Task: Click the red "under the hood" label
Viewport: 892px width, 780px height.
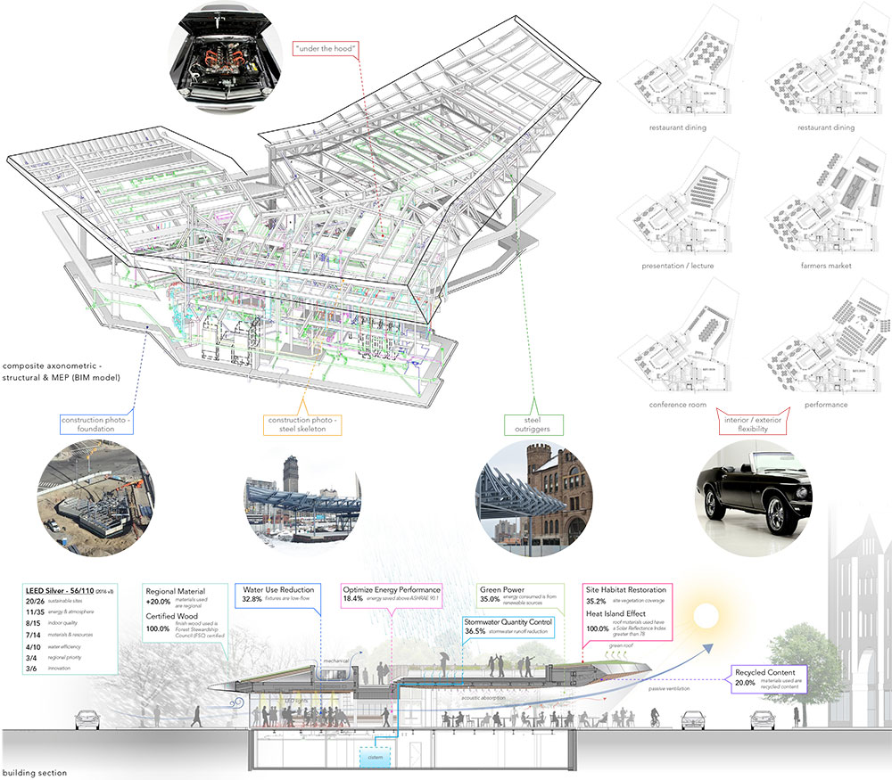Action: tap(322, 46)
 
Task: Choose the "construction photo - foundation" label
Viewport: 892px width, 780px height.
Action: tap(95, 425)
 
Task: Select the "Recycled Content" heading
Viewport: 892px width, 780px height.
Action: tap(765, 672)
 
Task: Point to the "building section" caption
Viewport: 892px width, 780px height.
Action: tap(35, 772)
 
